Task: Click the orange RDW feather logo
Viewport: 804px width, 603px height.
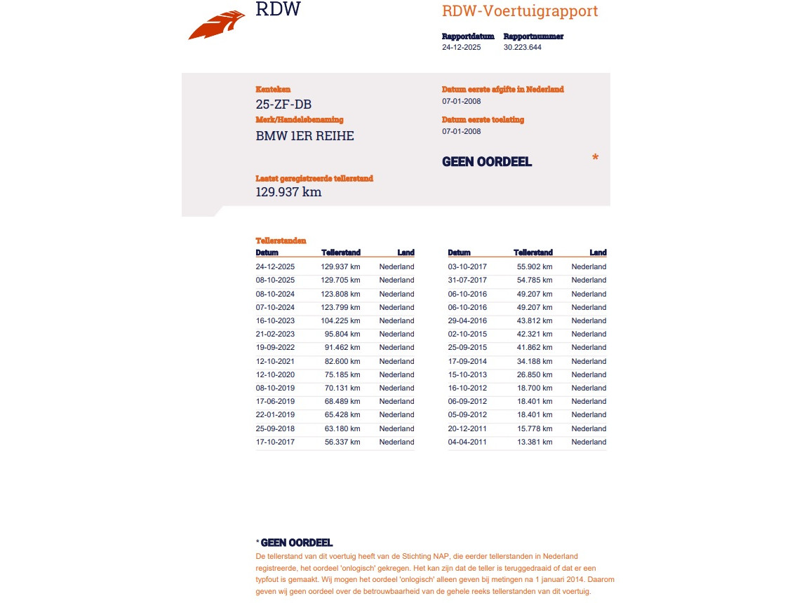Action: (x=217, y=26)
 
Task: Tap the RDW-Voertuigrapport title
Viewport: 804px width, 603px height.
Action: (x=520, y=11)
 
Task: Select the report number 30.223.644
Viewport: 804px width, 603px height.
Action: (x=522, y=48)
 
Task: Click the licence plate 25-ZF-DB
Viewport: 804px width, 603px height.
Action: (x=283, y=104)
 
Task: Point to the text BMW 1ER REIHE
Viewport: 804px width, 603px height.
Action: (x=304, y=136)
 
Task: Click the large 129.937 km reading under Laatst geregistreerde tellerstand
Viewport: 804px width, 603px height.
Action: (x=288, y=191)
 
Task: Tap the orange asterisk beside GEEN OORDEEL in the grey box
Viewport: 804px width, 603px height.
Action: (x=595, y=158)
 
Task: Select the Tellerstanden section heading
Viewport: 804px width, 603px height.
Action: (x=281, y=240)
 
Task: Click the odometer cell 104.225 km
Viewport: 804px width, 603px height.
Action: (x=340, y=320)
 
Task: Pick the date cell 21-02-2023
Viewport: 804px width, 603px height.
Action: (x=275, y=334)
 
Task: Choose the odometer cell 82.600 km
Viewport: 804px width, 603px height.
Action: (x=342, y=361)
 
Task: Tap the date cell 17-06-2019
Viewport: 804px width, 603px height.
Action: (x=275, y=401)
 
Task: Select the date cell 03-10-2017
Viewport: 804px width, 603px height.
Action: (x=467, y=266)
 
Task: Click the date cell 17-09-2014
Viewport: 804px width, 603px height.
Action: (x=467, y=361)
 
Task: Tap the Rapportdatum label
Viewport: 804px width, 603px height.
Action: (x=468, y=36)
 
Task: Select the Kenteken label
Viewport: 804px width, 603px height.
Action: (x=273, y=90)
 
